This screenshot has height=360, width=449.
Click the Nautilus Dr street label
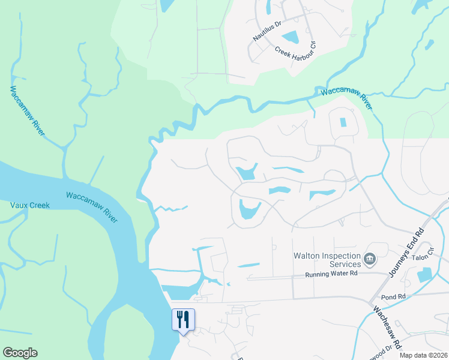pos(267,31)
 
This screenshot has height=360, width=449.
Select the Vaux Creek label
pos(30,205)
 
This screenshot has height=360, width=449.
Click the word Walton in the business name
pos(307,256)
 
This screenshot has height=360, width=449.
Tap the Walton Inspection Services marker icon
pos(369,260)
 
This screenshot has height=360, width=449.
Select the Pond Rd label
pos(393,296)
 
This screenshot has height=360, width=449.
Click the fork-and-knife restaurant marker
pos(184,319)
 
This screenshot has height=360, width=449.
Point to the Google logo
pos(20,353)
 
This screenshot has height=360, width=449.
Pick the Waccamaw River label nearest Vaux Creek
pos(91,204)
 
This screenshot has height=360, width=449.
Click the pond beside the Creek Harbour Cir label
pos(290,37)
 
